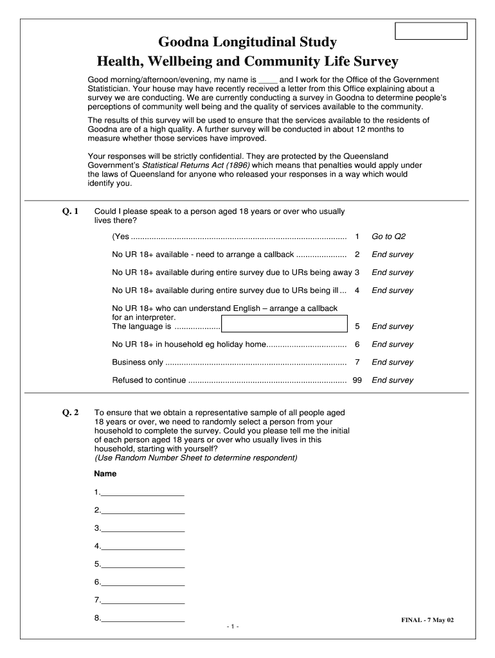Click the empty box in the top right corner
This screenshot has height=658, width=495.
click(x=430, y=31)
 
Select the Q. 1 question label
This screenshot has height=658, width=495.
click(x=70, y=211)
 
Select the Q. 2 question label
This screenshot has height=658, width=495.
click(x=70, y=413)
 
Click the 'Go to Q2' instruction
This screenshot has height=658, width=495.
click(x=388, y=236)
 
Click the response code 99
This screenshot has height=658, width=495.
click(x=357, y=380)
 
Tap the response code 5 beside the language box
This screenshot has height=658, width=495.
click(x=357, y=326)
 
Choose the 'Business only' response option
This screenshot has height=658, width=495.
click(x=138, y=362)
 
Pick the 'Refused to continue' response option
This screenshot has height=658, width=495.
click(x=148, y=380)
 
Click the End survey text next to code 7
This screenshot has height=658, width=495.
click(x=392, y=362)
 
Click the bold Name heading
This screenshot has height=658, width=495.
click(x=105, y=474)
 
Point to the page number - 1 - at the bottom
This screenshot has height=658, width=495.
click(x=233, y=627)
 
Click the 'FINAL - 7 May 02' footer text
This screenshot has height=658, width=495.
click(x=428, y=620)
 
